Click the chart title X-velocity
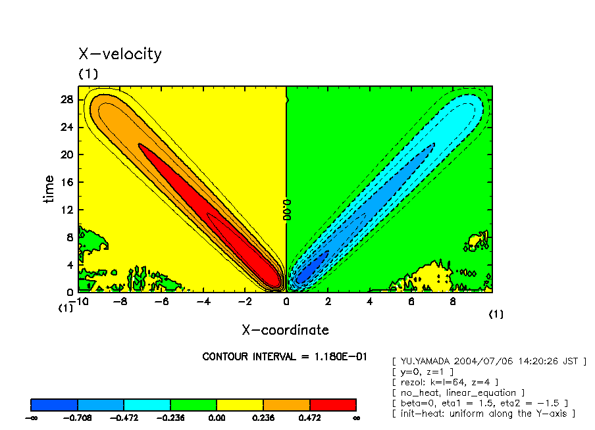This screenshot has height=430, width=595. click(x=120, y=54)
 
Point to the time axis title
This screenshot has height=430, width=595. click(x=49, y=189)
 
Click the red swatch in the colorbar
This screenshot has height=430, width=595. click(x=332, y=404)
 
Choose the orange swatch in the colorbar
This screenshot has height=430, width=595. click(x=286, y=404)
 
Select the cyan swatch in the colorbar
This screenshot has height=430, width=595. click(x=147, y=404)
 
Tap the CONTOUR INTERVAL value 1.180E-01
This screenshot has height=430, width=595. click(x=352, y=357)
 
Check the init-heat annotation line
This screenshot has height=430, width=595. click(x=483, y=413)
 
